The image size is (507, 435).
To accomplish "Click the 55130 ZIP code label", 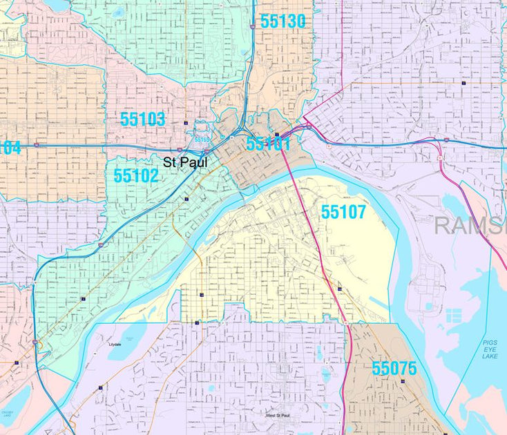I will click(283, 22).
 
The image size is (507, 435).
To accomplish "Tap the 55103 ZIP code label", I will click(143, 119).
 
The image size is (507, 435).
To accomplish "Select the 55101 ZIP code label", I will click(268, 144).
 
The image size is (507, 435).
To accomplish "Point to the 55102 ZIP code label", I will click(136, 175).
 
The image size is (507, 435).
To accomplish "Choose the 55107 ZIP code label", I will click(343, 212).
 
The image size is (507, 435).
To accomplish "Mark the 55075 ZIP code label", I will click(394, 368).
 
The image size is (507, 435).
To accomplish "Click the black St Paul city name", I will click(184, 162).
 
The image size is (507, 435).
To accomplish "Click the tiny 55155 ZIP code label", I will click(201, 139).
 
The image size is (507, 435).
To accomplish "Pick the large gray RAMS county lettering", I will click(470, 225).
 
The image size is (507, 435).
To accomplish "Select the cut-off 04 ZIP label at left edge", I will click(10, 147).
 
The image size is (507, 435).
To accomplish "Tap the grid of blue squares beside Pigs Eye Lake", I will click(453, 316).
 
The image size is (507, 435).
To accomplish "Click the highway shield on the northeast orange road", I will click(462, 82).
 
